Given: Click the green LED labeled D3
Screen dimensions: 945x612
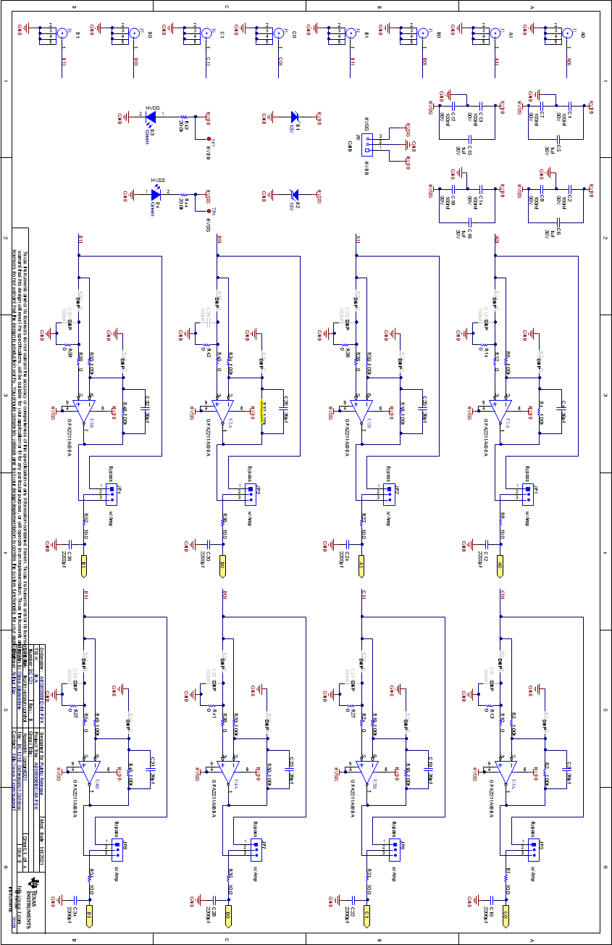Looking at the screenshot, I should click(151, 115).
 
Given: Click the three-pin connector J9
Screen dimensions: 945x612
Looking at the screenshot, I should click(369, 143).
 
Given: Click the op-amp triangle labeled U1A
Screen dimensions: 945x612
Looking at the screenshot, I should click(500, 410).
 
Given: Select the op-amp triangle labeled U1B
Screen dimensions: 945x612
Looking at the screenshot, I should click(361, 410).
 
